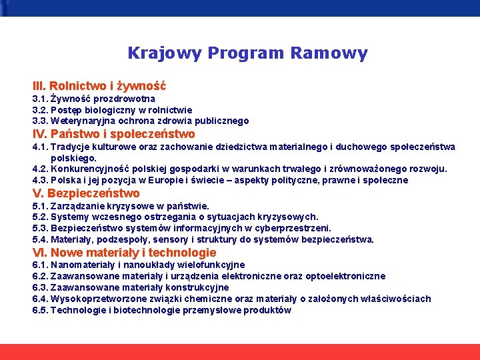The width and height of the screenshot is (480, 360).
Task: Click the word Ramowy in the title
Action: [333, 53]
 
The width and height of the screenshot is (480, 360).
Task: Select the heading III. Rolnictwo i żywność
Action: [99, 86]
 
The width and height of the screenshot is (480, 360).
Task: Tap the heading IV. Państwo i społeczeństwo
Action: [113, 134]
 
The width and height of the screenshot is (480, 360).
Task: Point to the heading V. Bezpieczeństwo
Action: [86, 193]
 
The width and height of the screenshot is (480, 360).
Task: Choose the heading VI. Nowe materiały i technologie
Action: [124, 253]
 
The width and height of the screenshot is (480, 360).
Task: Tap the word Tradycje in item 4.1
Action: [71, 147]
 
